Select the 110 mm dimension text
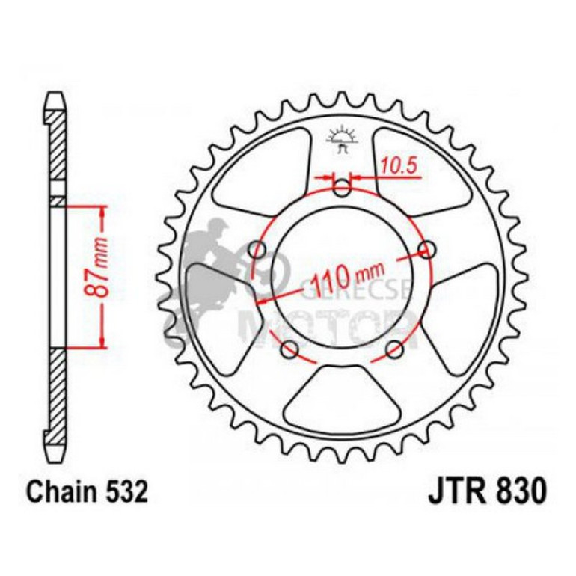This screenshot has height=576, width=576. pos(346,278)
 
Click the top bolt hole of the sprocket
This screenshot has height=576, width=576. pos(342,189)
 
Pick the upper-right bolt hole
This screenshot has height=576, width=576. pos(427,248)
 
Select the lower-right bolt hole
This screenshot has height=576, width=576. pos(396,349)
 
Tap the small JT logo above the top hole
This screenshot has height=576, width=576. pos(343,141)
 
